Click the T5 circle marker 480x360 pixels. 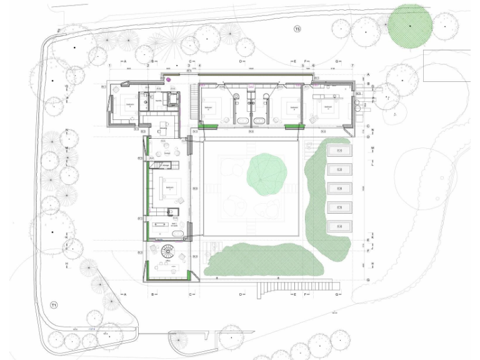tap(297, 29)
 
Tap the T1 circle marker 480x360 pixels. tap(54, 305)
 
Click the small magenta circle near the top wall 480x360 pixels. tap(168, 79)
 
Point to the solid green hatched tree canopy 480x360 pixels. tap(410, 26)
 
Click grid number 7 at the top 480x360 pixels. tap(352, 66)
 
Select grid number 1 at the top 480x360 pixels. tap(110, 66)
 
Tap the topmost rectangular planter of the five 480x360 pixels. tap(340, 151)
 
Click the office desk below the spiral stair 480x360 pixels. tap(167, 268)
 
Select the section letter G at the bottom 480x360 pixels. tap(337, 294)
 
